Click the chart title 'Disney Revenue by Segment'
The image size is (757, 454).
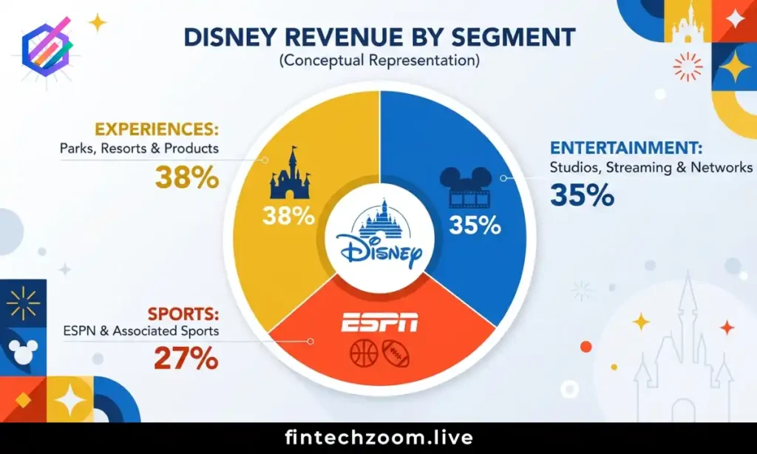[x=378, y=38]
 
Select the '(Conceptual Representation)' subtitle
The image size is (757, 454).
[x=378, y=61]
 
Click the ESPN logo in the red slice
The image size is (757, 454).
[x=379, y=323]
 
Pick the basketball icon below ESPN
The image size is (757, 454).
[x=364, y=353]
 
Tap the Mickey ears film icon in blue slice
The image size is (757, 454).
[x=465, y=187]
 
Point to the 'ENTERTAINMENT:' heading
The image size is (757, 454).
[x=619, y=148]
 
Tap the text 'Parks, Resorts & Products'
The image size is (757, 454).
[x=140, y=149]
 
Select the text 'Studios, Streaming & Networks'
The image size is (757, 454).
[x=651, y=167]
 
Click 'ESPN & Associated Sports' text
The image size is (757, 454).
[x=141, y=331]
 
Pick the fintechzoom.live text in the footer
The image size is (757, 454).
[x=378, y=438]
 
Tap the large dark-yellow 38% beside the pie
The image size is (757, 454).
[x=187, y=177]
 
